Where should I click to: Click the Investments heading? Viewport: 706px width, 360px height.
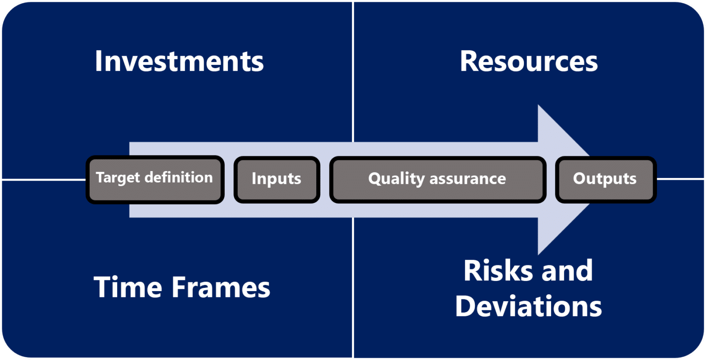(179, 62)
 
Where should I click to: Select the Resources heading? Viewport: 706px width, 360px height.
(529, 62)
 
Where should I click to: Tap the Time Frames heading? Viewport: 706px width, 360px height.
(182, 287)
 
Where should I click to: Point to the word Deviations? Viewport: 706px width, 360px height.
(529, 306)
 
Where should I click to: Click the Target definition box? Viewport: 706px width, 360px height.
(155, 179)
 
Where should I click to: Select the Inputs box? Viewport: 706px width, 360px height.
(277, 179)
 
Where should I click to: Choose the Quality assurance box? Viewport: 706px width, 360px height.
(438, 179)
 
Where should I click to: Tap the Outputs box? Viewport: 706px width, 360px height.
(605, 179)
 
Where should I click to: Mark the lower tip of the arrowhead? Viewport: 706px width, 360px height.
(539, 253)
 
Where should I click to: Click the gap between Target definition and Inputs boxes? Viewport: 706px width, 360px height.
(229, 179)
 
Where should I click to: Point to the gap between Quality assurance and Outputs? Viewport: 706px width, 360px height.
(551, 179)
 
